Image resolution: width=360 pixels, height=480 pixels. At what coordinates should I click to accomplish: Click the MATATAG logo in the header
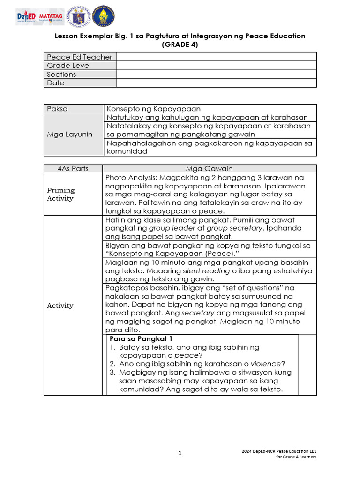(51, 16)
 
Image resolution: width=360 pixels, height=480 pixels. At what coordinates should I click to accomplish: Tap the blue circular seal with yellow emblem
(104, 16)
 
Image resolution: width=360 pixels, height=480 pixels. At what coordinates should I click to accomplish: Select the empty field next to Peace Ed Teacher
(217, 57)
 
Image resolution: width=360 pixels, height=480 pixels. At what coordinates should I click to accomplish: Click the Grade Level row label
(69, 66)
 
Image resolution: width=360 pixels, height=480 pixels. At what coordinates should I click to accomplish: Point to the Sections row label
(61, 74)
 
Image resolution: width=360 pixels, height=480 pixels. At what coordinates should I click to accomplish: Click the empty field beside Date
(217, 83)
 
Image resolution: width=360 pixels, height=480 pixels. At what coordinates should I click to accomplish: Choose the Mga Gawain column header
(209, 169)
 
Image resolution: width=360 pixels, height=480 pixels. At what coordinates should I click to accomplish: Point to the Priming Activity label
(60, 194)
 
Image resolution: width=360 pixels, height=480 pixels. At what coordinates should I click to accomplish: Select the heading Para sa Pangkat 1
(139, 338)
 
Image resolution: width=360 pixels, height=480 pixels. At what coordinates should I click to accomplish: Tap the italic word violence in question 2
(268, 364)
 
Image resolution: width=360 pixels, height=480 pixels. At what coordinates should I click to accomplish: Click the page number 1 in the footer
(180, 453)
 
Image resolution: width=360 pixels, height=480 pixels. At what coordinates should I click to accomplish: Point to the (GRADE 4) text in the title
(180, 45)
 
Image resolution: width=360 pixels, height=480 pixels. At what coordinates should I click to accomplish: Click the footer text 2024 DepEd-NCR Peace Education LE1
(279, 451)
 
